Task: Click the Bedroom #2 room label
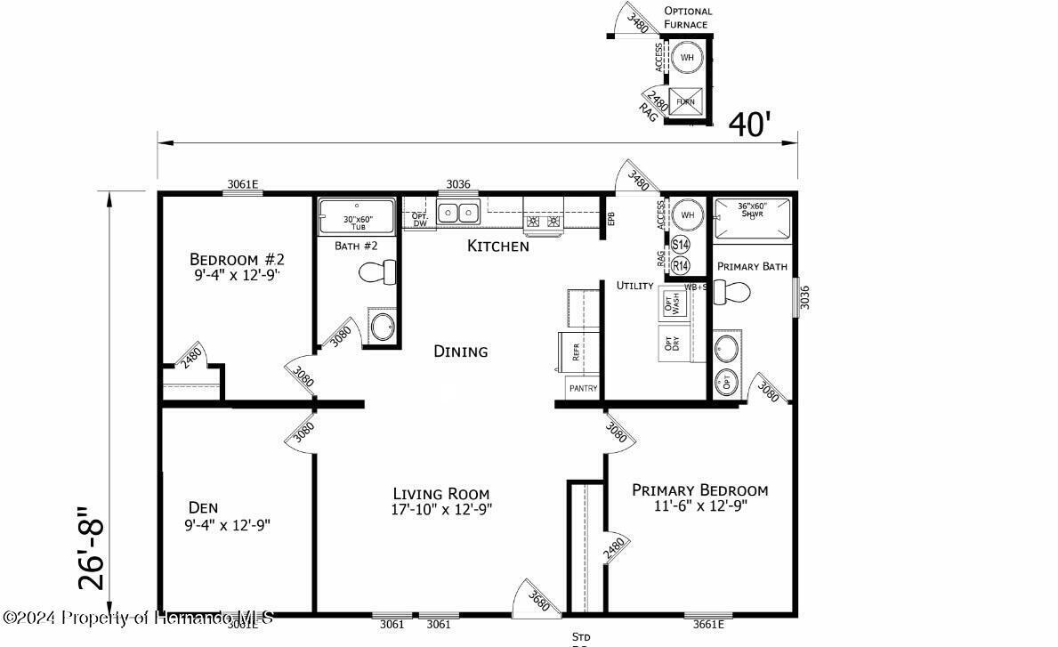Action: click(x=237, y=259)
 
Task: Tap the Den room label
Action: click(x=203, y=507)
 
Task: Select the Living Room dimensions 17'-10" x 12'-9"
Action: click(x=442, y=509)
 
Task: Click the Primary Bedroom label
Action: click(x=699, y=489)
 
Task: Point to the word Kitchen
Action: click(x=497, y=246)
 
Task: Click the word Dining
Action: click(x=460, y=352)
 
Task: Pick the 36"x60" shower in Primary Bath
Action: click(x=752, y=218)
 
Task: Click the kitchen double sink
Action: click(x=458, y=213)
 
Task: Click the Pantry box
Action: click(x=583, y=388)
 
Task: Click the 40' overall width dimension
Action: click(x=749, y=125)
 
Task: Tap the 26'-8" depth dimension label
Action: click(x=91, y=549)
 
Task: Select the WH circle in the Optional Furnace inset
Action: click(x=686, y=58)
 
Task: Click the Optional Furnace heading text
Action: click(x=688, y=18)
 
